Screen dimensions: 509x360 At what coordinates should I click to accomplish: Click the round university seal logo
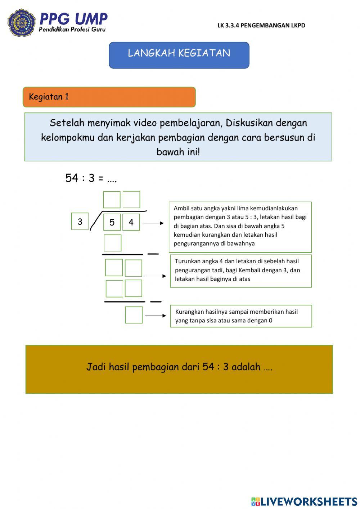22,23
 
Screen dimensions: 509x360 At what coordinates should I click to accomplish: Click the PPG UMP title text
73,19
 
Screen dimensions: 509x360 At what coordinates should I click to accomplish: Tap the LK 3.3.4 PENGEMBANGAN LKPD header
261,25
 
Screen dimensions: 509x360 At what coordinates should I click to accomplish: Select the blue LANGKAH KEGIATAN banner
179,55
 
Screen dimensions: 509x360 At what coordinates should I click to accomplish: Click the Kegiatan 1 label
49,97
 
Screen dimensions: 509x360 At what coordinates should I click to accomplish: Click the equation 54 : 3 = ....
91,178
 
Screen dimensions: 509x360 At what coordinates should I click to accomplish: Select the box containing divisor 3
80,222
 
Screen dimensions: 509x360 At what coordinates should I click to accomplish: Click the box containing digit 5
112,222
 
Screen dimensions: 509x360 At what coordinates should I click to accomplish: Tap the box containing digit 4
131,222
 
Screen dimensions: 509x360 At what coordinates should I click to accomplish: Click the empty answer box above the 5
112,200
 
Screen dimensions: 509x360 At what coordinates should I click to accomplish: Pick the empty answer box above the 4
131,200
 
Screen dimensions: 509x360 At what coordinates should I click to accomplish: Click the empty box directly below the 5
113,243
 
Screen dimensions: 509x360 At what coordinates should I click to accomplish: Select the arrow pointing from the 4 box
153,223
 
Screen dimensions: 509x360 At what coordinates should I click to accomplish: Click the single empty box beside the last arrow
134,315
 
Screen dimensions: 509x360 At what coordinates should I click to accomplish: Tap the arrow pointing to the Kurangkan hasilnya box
156,316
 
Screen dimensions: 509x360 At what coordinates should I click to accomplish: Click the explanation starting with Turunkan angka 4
240,270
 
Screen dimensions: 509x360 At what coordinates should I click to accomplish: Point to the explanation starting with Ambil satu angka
240,226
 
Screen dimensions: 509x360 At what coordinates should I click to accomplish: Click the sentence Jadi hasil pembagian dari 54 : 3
179,367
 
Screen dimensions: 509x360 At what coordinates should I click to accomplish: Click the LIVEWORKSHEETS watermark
304,501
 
